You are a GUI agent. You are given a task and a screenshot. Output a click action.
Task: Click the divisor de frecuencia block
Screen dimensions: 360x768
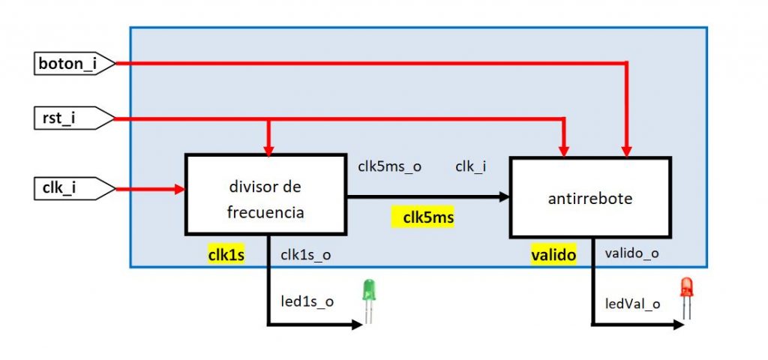265,195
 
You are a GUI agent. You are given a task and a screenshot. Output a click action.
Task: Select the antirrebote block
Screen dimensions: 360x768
590,199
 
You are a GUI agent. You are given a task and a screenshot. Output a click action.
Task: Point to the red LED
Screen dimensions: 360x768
685,298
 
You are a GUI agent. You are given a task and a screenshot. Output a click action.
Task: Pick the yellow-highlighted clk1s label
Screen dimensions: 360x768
226,255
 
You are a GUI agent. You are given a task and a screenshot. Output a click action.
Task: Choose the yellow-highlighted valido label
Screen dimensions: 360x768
553,255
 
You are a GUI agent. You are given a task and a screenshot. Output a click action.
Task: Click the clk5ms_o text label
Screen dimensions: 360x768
389,166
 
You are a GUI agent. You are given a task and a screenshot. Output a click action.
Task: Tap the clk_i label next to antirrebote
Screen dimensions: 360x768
470,166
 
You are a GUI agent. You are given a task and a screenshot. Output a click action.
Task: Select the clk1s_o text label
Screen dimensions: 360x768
306,255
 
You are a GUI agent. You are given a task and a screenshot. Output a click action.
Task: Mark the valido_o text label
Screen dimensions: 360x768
631,254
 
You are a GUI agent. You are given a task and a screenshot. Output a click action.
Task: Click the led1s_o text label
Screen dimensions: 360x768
307,301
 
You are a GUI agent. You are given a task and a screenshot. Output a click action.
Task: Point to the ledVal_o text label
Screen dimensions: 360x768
632,304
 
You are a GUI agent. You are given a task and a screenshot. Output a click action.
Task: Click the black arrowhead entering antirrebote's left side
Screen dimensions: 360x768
505,197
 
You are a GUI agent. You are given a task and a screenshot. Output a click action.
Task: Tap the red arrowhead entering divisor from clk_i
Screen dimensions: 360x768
179,189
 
